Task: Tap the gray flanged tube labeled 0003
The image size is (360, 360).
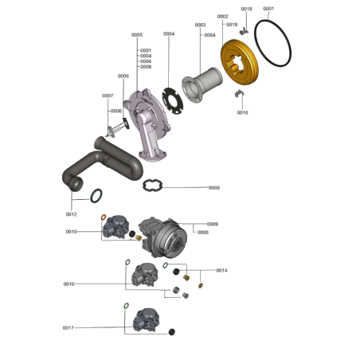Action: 202,84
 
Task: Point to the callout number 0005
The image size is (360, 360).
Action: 137,35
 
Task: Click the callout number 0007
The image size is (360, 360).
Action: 108,96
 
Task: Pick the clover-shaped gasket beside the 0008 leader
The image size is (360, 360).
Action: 152,185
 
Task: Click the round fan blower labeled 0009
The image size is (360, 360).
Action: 162,237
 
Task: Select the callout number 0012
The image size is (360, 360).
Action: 71,214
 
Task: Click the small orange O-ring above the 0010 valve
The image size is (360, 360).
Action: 104,217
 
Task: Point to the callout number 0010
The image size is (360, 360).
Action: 71,232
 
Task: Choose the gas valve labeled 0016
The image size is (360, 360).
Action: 145,275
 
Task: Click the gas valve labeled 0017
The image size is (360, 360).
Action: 147,320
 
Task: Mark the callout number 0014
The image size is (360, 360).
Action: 221,271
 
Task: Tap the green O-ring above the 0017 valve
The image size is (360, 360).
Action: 127,306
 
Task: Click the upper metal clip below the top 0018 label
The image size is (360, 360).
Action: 244,32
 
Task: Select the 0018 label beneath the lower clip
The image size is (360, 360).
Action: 242,112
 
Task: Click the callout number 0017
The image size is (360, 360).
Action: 68,328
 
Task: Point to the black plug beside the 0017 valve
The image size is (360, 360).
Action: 172,332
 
